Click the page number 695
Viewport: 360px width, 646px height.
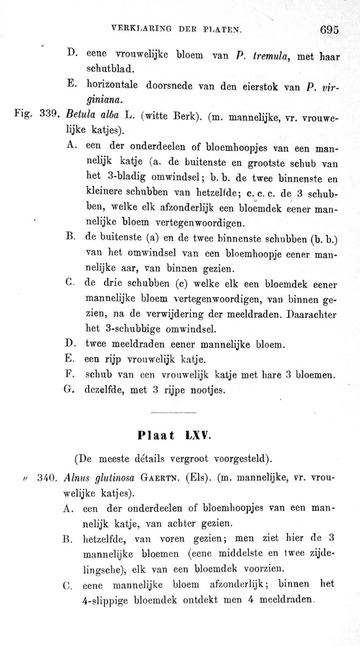(330, 30)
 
